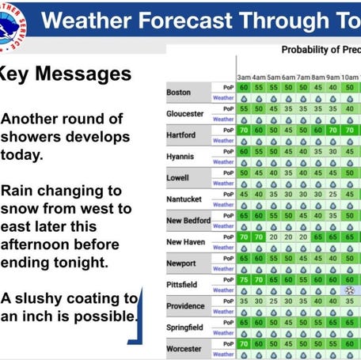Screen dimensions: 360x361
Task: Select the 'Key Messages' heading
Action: pyautogui.click(x=63, y=75)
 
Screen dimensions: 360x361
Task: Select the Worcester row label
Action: pyautogui.click(x=184, y=348)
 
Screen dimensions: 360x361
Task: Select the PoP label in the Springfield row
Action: pyautogui.click(x=228, y=322)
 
